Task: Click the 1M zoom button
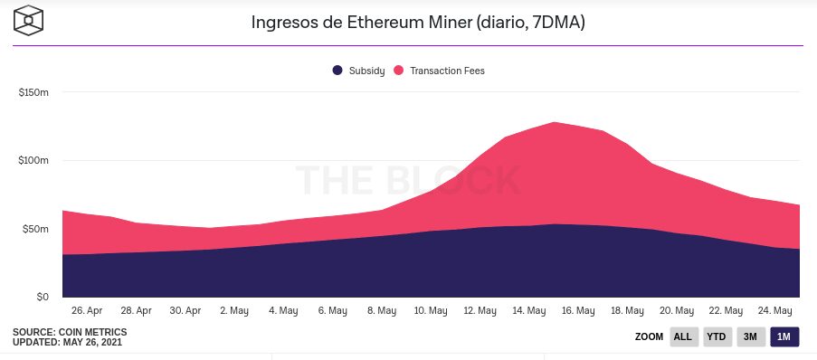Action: click(x=784, y=336)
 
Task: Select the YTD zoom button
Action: click(x=716, y=336)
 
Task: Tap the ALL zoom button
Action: click(x=682, y=336)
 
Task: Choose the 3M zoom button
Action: click(x=750, y=336)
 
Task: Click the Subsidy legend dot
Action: click(x=337, y=71)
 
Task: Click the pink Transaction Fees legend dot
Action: click(x=399, y=71)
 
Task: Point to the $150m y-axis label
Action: click(x=33, y=93)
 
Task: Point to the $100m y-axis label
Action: click(x=33, y=160)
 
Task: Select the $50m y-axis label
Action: click(x=35, y=229)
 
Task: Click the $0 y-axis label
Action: click(x=43, y=297)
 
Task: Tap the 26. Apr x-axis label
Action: click(x=87, y=311)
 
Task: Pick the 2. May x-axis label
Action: click(x=234, y=311)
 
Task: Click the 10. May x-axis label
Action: click(x=431, y=311)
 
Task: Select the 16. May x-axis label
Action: click(x=578, y=311)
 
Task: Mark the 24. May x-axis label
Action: click(x=775, y=311)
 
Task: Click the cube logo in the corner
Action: click(x=28, y=20)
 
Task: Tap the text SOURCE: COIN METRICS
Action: click(x=70, y=332)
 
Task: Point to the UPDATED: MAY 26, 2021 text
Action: click(x=67, y=342)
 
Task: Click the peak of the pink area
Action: click(x=555, y=122)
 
